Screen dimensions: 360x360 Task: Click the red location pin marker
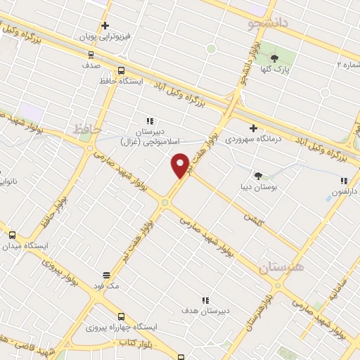click(x=181, y=166)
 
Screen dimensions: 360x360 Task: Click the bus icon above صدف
click(x=91, y=53)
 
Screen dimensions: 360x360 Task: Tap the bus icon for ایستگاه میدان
click(x=12, y=235)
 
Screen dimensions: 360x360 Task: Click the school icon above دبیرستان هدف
click(x=206, y=300)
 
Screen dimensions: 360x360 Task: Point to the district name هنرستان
click(x=283, y=267)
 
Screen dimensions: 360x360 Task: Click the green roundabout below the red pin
click(x=164, y=202)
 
